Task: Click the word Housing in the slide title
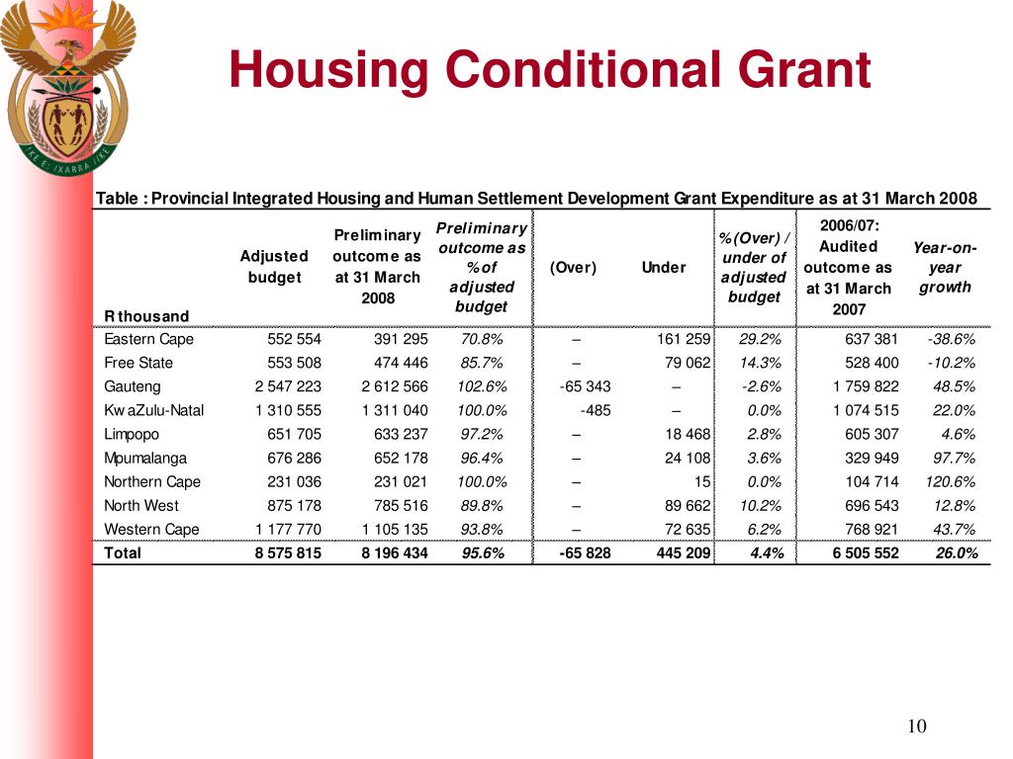click(x=328, y=70)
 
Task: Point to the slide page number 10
click(x=916, y=727)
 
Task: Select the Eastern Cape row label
click(x=149, y=340)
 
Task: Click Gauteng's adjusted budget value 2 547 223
click(x=288, y=386)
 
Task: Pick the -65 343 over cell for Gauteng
click(x=585, y=386)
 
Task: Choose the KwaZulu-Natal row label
click(x=154, y=410)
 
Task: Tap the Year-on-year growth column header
click(x=944, y=268)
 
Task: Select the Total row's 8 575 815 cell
click(x=288, y=553)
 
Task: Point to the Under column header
click(x=663, y=268)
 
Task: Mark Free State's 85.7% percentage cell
click(x=482, y=363)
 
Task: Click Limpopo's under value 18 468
click(x=685, y=434)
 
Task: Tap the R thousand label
click(x=146, y=316)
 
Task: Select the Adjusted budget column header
click(x=274, y=267)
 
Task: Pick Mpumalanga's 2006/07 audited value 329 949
click(x=872, y=458)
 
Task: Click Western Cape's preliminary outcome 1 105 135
click(x=395, y=529)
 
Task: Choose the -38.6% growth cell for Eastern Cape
click(x=951, y=340)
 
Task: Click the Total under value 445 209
click(x=683, y=553)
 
